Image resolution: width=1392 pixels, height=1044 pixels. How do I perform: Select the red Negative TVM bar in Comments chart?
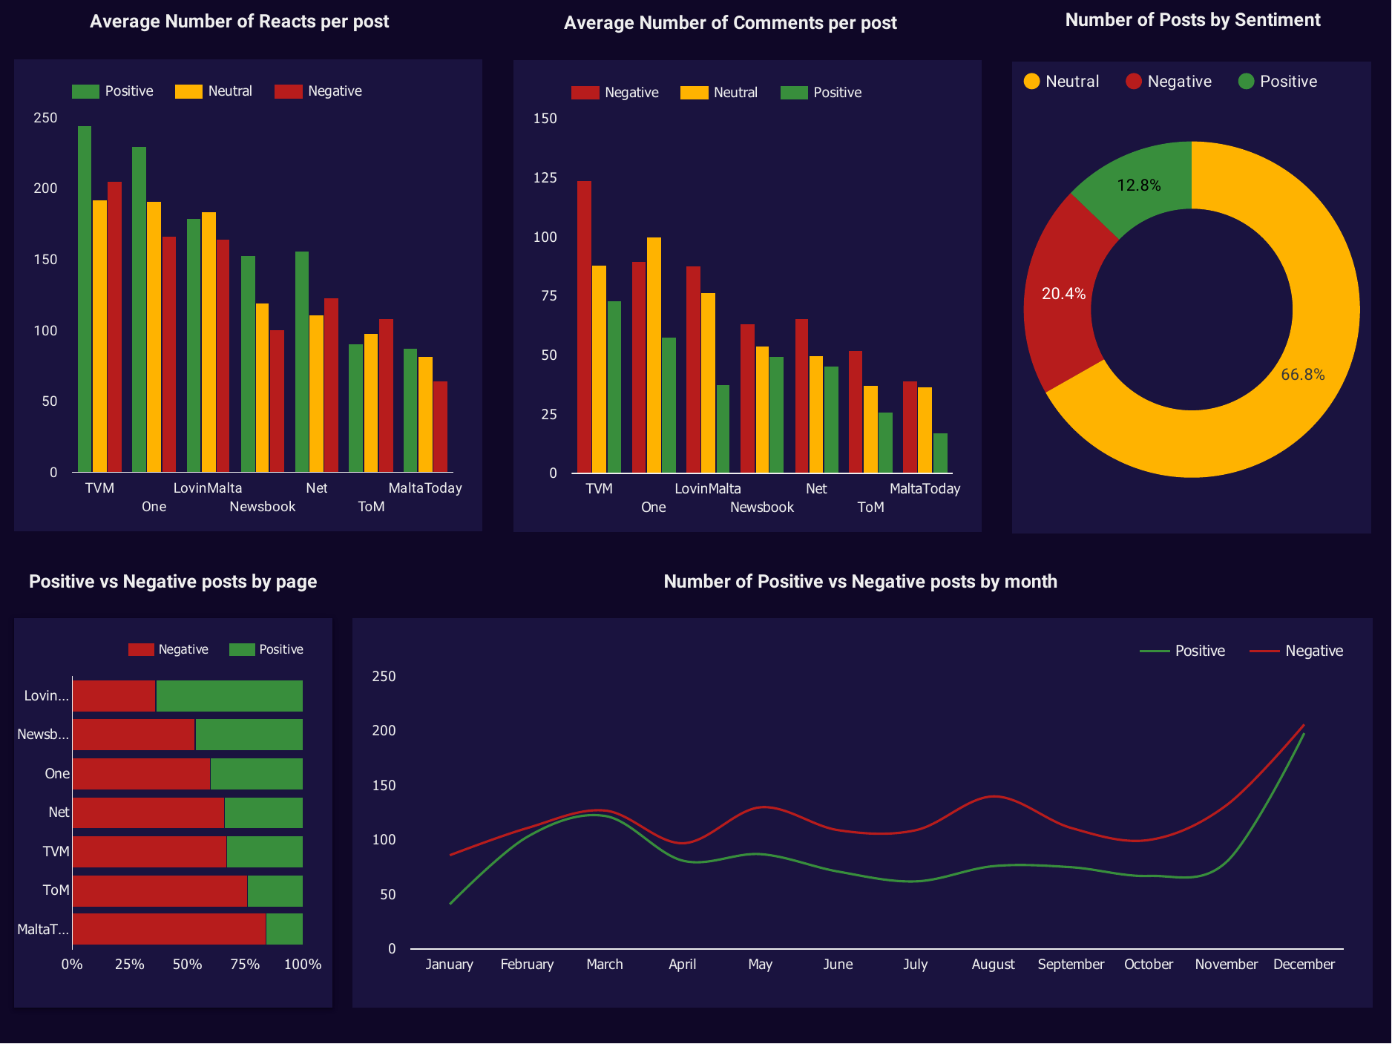[584, 326]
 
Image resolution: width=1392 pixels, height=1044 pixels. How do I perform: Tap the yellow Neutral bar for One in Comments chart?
[654, 355]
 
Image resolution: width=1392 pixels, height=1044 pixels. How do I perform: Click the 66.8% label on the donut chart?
[1302, 375]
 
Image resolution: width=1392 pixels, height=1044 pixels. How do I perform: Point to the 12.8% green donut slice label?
[1138, 186]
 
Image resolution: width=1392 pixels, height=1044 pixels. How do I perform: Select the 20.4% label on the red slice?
[1063, 294]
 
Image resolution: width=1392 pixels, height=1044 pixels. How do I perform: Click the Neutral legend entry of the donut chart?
[1061, 82]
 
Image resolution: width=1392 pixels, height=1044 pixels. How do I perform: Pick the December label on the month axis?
[1304, 965]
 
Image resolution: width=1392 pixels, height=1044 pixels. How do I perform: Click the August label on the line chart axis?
[993, 965]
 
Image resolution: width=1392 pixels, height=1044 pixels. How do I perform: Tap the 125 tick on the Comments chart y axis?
[545, 178]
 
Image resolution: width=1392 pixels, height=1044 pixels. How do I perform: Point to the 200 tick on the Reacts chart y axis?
[45, 188]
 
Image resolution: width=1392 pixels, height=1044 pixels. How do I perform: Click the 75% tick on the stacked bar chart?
[245, 965]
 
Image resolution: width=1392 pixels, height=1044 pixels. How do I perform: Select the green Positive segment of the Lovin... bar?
[229, 696]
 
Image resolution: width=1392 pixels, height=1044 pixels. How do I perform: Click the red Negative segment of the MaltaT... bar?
[169, 929]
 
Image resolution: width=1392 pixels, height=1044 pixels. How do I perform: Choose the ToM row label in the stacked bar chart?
[56, 890]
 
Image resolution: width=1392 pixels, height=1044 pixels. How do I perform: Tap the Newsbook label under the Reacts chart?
[262, 507]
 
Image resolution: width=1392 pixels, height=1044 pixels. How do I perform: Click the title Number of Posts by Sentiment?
[1192, 20]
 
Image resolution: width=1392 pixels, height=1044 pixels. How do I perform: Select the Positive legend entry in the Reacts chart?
[113, 91]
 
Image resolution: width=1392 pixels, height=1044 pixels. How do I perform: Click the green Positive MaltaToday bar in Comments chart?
[940, 453]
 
